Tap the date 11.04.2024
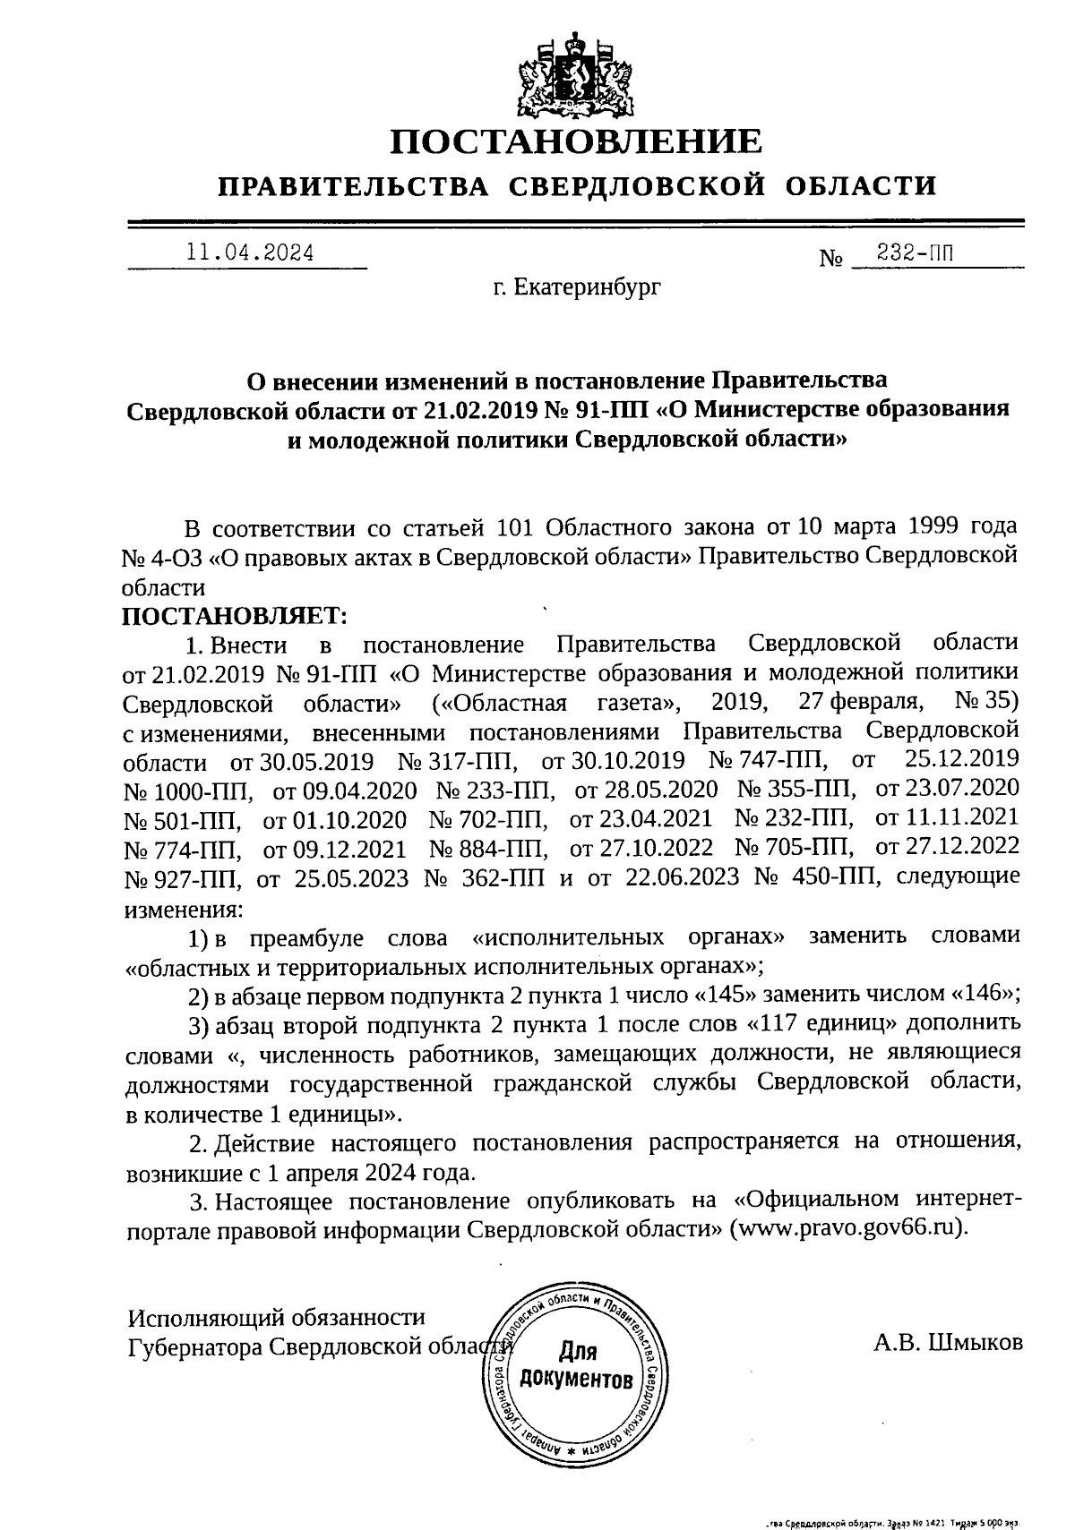tap(249, 253)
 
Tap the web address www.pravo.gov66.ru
tap(847, 1228)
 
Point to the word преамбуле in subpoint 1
tap(305, 937)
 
